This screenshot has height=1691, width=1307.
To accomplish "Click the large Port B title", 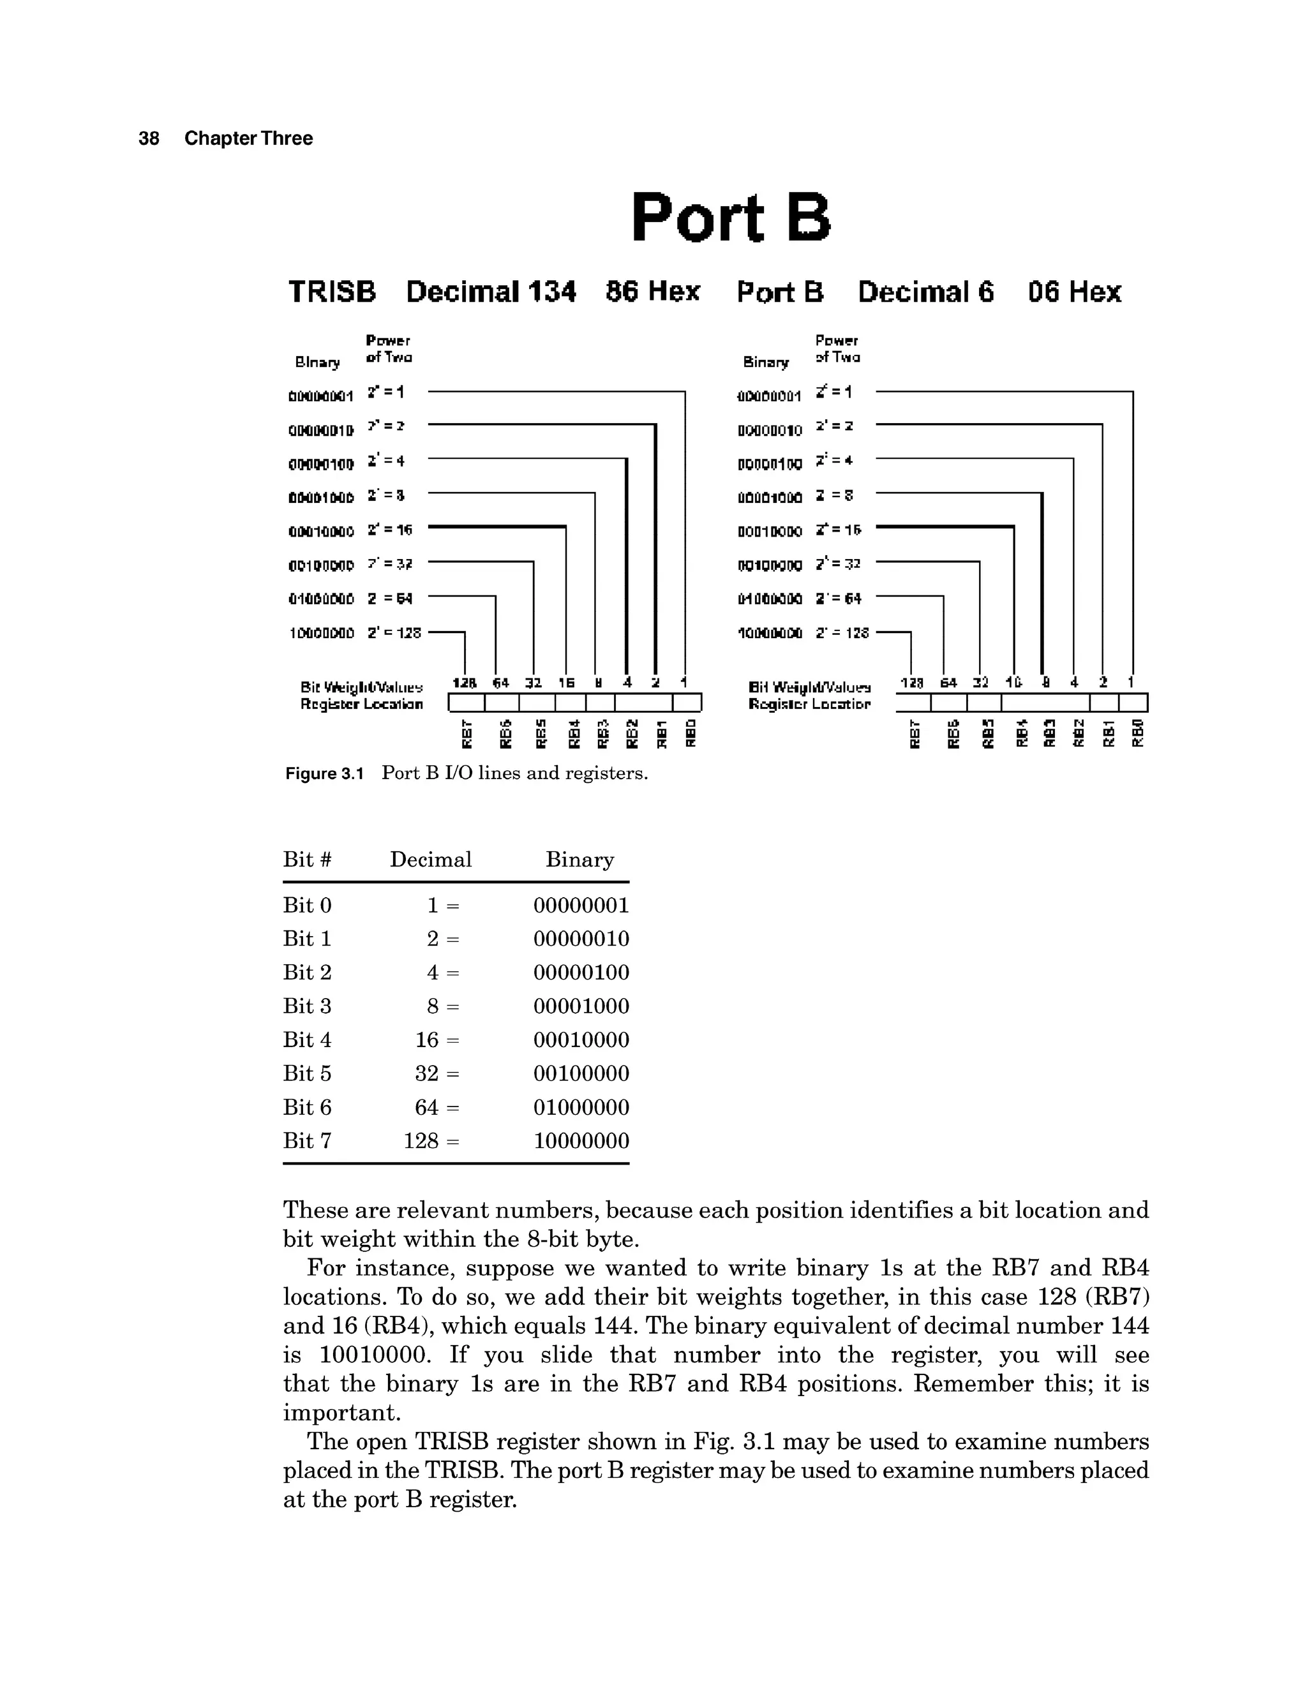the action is click(730, 218).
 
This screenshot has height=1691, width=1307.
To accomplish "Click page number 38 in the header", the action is click(149, 138).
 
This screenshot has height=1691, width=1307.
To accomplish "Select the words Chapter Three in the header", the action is click(248, 138).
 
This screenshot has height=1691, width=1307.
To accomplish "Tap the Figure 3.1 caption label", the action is click(324, 773).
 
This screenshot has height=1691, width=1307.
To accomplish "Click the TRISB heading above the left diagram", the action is click(332, 292).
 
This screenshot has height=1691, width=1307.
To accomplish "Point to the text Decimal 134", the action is click(491, 292).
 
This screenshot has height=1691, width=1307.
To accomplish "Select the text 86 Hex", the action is click(653, 292).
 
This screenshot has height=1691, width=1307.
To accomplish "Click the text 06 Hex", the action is click(1074, 292).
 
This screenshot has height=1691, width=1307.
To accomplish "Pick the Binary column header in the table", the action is click(579, 860).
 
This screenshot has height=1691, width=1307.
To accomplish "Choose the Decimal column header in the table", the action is click(431, 860).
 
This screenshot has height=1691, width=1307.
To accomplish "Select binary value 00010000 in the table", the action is click(581, 1040).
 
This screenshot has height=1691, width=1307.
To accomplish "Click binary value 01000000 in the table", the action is click(581, 1107).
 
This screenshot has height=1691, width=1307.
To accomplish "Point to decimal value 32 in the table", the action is click(427, 1074).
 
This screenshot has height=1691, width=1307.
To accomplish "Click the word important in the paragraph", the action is click(341, 1412).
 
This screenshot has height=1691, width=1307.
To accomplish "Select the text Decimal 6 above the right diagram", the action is click(925, 292).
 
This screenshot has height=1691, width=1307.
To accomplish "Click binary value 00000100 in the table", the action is click(581, 972).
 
